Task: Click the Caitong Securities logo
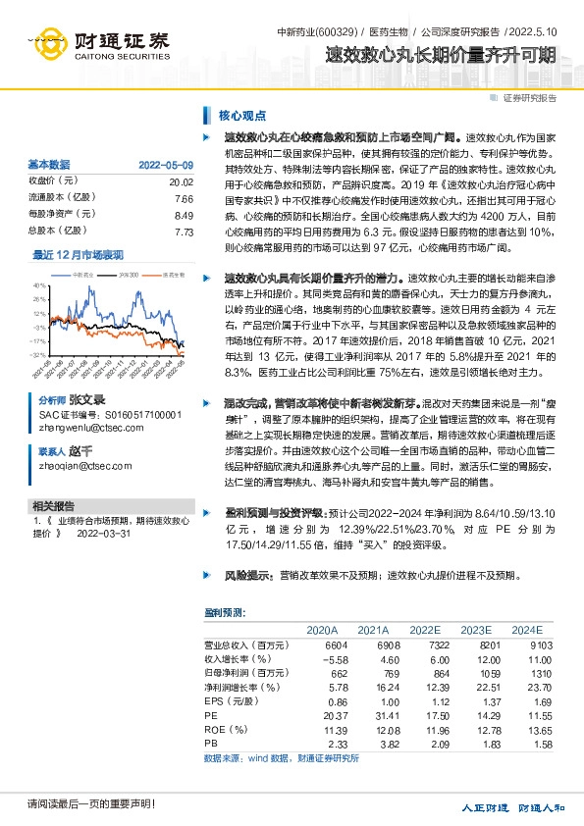click(x=98, y=44)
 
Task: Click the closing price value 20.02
click(x=181, y=181)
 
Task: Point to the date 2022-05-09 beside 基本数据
click(x=166, y=165)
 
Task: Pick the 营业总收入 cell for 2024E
click(x=526, y=645)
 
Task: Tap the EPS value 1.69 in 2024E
click(x=528, y=703)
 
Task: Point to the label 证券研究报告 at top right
click(x=529, y=98)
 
